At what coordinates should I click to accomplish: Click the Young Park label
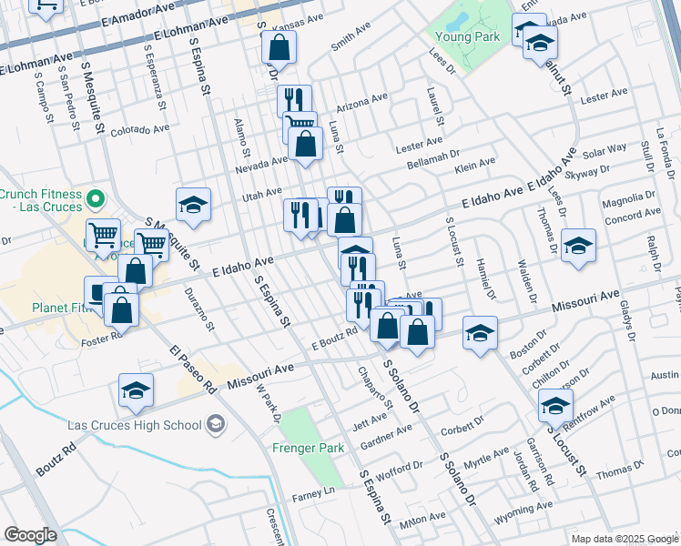[473, 37]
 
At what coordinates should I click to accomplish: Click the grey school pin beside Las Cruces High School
[216, 424]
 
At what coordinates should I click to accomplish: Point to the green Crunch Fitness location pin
[94, 198]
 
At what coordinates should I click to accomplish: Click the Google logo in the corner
[30, 534]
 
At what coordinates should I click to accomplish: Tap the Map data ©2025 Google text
[625, 539]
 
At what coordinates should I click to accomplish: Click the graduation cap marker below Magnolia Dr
[578, 246]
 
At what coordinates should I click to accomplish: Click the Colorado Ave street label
[139, 130]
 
